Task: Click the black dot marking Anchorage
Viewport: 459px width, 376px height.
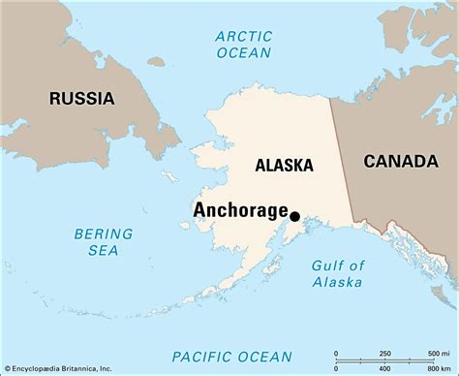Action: coord(294,217)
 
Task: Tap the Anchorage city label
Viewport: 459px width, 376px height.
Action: coord(240,210)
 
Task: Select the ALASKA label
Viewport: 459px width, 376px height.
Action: coord(285,166)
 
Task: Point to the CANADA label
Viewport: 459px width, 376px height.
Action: coord(399,162)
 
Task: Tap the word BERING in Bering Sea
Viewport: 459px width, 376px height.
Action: coord(101,233)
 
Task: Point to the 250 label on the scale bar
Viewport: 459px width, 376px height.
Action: coord(385,352)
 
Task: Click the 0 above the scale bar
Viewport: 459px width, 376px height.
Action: coord(336,352)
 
